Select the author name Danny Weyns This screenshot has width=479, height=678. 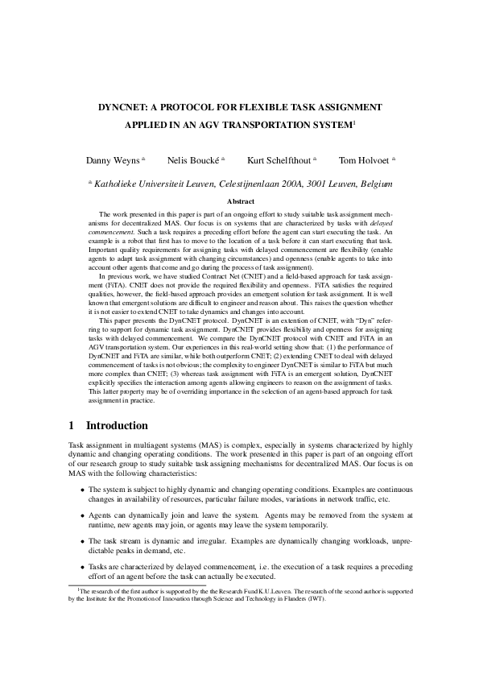point(114,160)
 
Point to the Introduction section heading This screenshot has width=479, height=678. point(117,425)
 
